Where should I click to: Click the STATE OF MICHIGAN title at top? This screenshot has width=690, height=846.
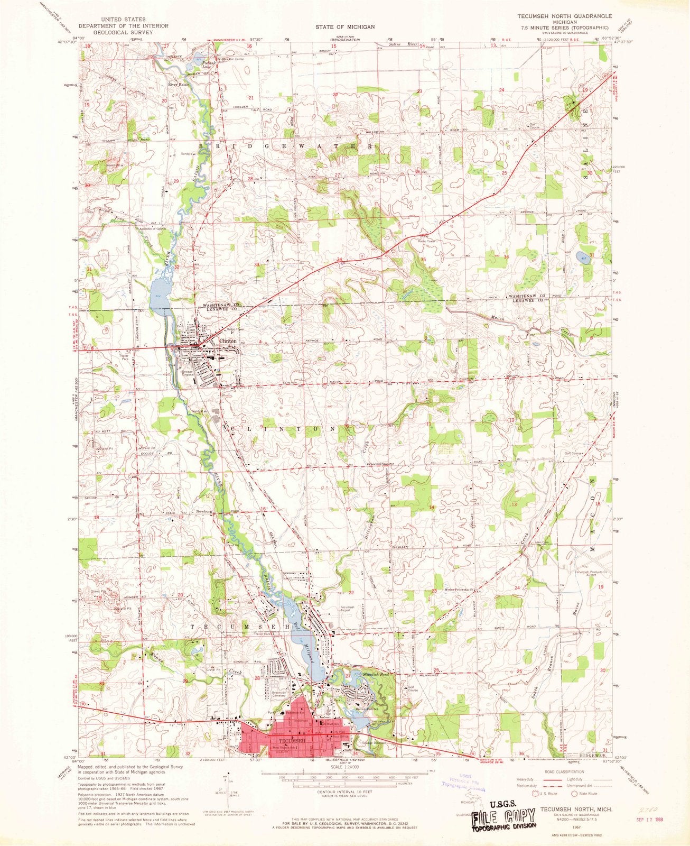tap(346, 26)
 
